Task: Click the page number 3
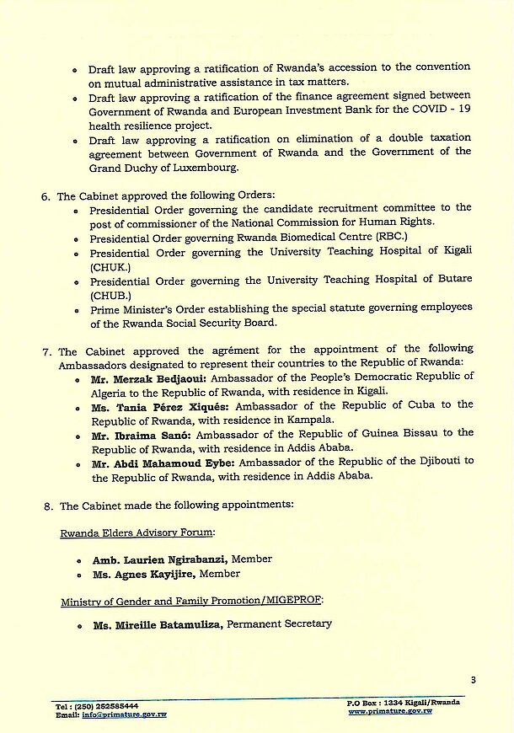tap(474, 680)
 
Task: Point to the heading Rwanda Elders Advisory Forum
tap(137, 532)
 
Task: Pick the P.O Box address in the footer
tap(403, 703)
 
